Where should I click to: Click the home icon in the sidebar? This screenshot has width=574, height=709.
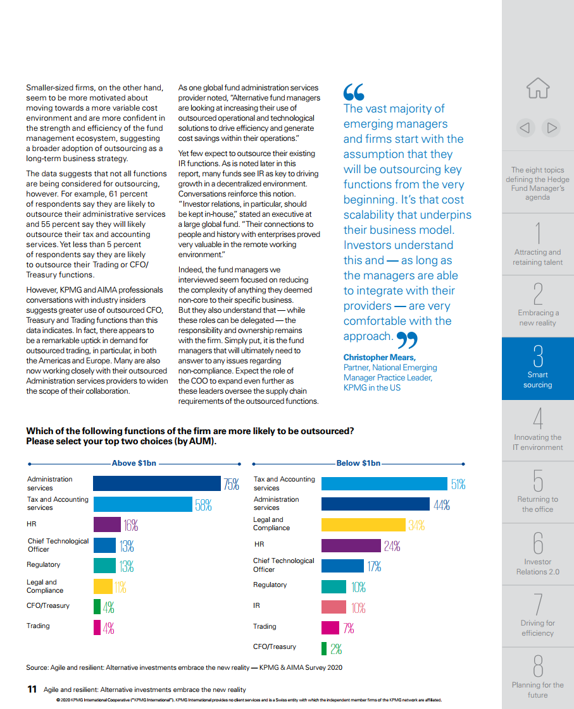pyautogui.click(x=538, y=88)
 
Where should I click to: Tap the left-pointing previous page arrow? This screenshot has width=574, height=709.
pyautogui.click(x=525, y=128)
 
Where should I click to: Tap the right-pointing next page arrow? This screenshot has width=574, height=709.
pyautogui.click(x=551, y=128)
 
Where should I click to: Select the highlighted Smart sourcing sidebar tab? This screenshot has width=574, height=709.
pyautogui.click(x=538, y=368)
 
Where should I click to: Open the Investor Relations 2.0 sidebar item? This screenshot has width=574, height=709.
pyautogui.click(x=538, y=554)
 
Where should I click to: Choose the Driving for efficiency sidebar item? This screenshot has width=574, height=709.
pyautogui.click(x=538, y=616)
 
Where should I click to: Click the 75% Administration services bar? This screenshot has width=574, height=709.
pyautogui.click(x=156, y=483)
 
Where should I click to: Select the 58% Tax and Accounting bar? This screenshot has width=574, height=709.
pyautogui.click(x=142, y=504)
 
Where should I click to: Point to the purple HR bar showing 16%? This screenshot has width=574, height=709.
pyautogui.click(x=108, y=524)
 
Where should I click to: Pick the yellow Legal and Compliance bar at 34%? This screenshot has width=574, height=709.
pyautogui.click(x=363, y=525)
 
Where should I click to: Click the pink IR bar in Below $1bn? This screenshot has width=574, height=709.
pyautogui.click(x=334, y=607)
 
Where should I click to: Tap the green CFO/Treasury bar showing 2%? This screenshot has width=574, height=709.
pyautogui.click(x=324, y=648)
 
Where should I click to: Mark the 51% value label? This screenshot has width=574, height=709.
pyautogui.click(x=458, y=484)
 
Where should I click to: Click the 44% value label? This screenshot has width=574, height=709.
pyautogui.click(x=442, y=505)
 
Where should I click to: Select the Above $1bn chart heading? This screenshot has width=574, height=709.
pyautogui.click(x=134, y=463)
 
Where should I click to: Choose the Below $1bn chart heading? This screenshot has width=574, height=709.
pyautogui.click(x=358, y=463)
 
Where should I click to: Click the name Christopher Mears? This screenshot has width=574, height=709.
pyautogui.click(x=379, y=357)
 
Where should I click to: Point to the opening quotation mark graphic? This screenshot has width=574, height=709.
pyautogui.click(x=354, y=92)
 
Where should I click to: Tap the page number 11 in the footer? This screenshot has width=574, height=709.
pyautogui.click(x=32, y=689)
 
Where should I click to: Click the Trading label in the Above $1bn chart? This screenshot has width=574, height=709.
pyautogui.click(x=38, y=626)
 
